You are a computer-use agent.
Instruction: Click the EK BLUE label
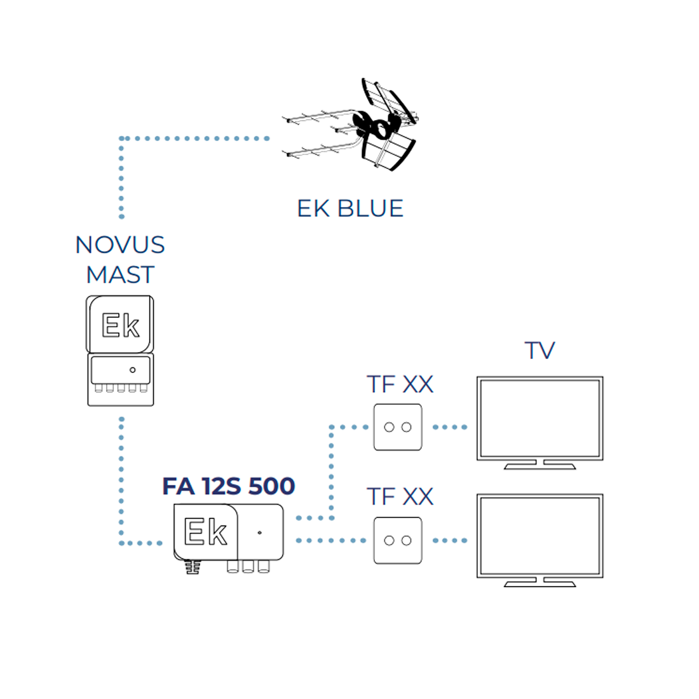[350, 208]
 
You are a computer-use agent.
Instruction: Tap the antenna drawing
[350, 125]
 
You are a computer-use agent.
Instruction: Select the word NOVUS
[120, 245]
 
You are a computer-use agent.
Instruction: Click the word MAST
[120, 275]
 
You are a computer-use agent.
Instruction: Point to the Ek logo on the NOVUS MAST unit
[120, 325]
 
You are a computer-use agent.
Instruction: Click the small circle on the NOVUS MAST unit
[132, 370]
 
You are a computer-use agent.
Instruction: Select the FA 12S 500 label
[228, 486]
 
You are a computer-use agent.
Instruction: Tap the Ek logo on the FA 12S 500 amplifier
[205, 531]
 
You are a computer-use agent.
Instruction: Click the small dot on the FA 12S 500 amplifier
[259, 533]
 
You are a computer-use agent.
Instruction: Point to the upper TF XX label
[400, 384]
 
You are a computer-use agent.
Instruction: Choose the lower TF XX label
[400, 497]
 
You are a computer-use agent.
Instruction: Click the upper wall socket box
[398, 427]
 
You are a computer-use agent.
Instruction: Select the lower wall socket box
[398, 540]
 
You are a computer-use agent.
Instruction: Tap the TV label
[540, 350]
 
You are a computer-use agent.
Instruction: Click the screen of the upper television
[540, 418]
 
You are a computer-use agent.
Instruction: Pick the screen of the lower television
[540, 536]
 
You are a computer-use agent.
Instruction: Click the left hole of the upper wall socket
[389, 427]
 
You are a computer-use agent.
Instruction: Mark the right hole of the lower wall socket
[406, 541]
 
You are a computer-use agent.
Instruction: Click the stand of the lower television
[540, 582]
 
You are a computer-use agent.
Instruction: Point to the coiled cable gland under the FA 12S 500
[193, 567]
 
